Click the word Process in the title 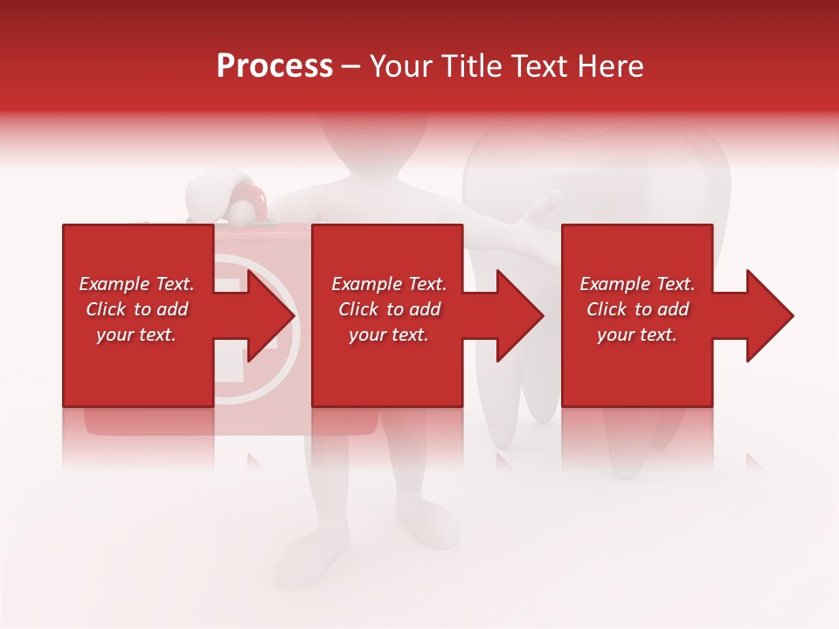click(274, 66)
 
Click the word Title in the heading click(473, 66)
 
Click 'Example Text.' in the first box click(136, 284)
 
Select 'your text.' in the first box click(136, 335)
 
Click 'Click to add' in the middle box click(389, 309)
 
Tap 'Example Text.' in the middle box click(389, 284)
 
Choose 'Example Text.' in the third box click(637, 284)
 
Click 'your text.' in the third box click(637, 335)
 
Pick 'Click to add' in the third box click(637, 309)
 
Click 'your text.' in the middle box click(389, 335)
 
